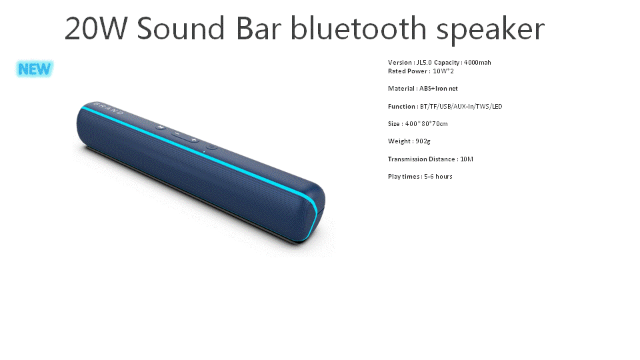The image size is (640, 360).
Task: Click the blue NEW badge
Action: [x=35, y=69]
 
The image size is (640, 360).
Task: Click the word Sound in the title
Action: [x=181, y=29]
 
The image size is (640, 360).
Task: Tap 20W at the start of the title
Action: [x=95, y=29]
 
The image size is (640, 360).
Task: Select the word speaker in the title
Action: [x=491, y=31]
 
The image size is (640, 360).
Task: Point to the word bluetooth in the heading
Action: [x=359, y=28]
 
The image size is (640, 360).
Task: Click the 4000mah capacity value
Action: [x=477, y=63]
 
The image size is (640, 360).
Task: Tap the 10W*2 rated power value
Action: [x=443, y=71]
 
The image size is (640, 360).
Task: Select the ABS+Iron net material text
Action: [x=439, y=89]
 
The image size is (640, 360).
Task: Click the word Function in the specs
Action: [x=401, y=107]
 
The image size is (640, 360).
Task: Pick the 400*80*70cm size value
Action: [x=427, y=124]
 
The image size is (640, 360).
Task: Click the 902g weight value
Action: [x=423, y=141]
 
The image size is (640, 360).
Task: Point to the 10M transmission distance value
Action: [x=467, y=159]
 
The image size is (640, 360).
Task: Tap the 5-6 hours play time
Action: [x=439, y=177]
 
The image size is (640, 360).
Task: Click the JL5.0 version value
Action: [x=424, y=63]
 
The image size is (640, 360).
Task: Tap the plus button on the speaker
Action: [x=194, y=140]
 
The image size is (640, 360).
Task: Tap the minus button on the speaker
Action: [x=176, y=133]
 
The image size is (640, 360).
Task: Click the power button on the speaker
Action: [x=211, y=147]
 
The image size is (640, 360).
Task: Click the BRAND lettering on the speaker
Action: [x=108, y=109]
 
